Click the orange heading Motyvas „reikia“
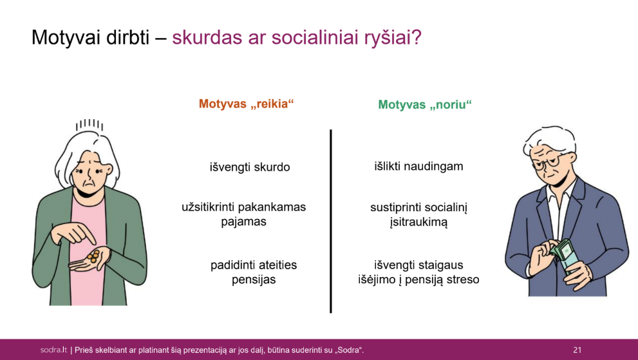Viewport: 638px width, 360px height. [246, 104]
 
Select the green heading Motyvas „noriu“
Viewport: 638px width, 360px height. [425, 105]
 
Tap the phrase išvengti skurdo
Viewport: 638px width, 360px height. [250, 167]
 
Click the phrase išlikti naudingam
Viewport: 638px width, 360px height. [418, 166]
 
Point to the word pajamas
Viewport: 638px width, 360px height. [244, 222]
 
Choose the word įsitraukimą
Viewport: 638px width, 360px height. [418, 222]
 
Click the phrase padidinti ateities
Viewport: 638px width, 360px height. [254, 265]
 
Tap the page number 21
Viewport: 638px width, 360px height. [577, 350]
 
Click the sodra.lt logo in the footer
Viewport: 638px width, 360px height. [53, 350]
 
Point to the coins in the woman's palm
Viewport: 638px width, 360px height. [93, 256]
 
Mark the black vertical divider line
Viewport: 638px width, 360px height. [331, 221]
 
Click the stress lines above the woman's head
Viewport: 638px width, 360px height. [89, 125]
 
